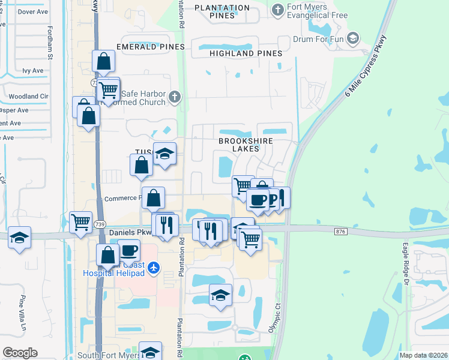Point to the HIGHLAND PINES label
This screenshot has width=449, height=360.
pyautogui.click(x=246, y=54)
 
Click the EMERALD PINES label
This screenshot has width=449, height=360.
pyautogui.click(x=146, y=46)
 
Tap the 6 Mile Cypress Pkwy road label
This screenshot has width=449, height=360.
pyautogui.click(x=366, y=67)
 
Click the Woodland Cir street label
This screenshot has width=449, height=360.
pyautogui.click(x=28, y=96)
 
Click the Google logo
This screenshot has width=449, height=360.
pyautogui.click(x=20, y=353)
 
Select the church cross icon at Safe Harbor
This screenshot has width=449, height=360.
pyautogui.click(x=174, y=97)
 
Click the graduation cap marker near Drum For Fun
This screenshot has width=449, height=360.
pyautogui.click(x=354, y=38)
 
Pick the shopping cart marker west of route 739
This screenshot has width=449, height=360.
pyautogui.click(x=80, y=222)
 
